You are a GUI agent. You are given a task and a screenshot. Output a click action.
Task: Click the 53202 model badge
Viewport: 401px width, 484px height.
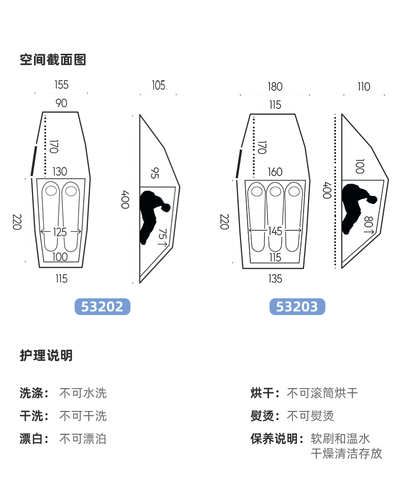click(x=102, y=307)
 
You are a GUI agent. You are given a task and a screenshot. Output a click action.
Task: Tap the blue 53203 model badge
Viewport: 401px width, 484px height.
click(x=297, y=307)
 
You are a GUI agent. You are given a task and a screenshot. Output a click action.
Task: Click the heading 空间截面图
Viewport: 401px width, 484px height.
click(x=53, y=60)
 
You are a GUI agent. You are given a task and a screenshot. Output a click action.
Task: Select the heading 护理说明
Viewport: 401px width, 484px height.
click(x=46, y=356)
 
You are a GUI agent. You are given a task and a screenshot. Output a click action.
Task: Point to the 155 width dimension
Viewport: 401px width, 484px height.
click(x=61, y=85)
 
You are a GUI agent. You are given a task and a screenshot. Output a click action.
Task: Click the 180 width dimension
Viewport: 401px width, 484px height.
click(x=275, y=87)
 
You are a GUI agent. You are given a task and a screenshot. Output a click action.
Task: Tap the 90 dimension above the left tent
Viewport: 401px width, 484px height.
click(x=61, y=103)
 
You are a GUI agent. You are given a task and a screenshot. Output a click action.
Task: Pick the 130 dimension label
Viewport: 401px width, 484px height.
click(x=59, y=172)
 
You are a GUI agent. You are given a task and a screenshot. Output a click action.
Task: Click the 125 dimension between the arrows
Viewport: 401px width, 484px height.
click(x=60, y=232)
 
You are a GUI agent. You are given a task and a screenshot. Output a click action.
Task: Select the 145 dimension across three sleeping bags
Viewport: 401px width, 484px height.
click(x=275, y=231)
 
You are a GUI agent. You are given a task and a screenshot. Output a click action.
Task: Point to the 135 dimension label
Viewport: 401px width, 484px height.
click(x=275, y=279)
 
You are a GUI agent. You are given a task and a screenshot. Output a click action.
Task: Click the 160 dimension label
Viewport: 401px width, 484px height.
click(x=275, y=172)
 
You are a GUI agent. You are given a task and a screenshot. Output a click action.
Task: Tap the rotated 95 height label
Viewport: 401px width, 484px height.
click(x=154, y=172)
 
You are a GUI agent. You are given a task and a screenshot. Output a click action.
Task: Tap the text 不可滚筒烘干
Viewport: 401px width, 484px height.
click(x=322, y=393)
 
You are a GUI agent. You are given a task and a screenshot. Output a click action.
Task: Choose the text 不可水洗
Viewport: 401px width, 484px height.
click(x=83, y=393)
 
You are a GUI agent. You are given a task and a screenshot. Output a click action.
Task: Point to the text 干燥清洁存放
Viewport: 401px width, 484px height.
click(x=346, y=454)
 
